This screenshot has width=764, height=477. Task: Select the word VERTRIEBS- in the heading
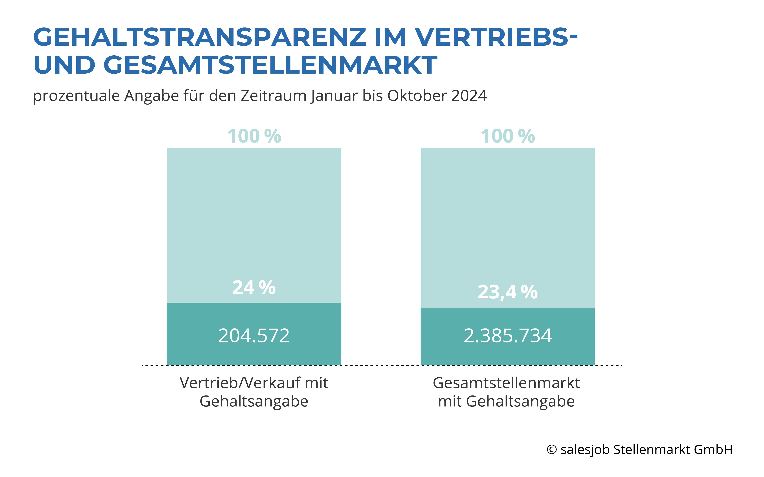(x=496, y=37)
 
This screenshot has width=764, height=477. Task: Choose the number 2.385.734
(x=508, y=336)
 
